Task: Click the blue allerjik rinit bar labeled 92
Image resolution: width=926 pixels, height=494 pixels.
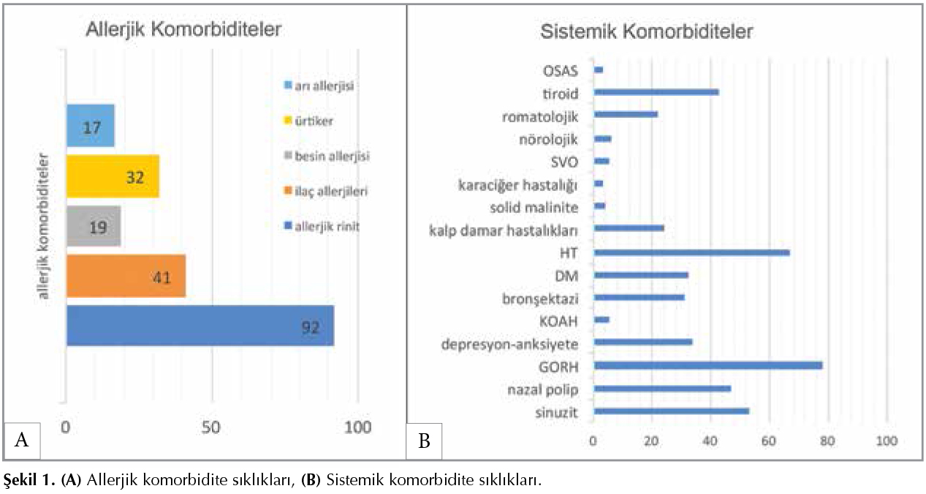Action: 200,325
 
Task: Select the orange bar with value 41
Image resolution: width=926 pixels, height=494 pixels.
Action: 126,276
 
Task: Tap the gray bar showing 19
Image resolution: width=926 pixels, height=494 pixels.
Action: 94,226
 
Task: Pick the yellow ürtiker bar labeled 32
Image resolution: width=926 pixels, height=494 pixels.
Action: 113,176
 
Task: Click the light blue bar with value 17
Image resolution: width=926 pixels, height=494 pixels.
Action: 90,126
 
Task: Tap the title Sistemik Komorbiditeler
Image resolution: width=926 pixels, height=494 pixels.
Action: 647,32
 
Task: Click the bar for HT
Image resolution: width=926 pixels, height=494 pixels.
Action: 691,252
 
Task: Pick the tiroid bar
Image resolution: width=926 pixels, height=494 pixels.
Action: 656,91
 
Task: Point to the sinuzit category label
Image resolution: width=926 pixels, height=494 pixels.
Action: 557,413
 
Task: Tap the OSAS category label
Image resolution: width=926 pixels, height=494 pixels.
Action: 561,71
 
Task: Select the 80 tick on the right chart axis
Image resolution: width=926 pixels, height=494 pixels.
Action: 827,441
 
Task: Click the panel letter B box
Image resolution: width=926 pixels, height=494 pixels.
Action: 423,441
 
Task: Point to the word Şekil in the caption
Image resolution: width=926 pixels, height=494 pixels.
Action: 20,480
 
